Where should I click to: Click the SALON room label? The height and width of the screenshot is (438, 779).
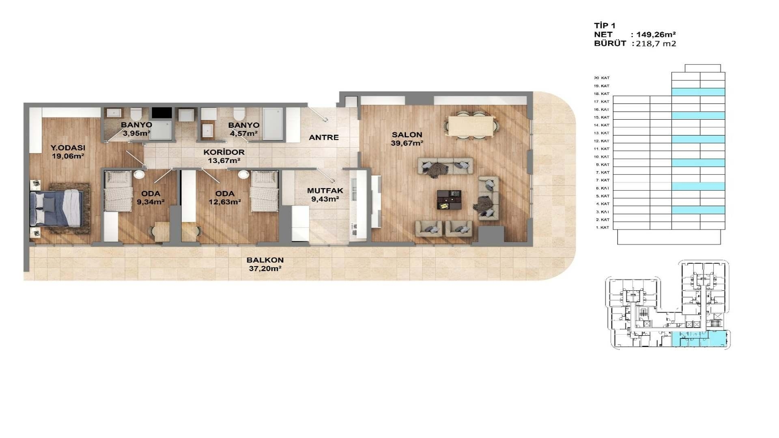click(x=407, y=135)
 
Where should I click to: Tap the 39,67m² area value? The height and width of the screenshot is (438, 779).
click(x=407, y=143)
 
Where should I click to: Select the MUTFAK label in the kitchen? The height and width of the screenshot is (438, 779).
click(x=325, y=191)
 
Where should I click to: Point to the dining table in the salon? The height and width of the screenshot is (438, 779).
click(x=471, y=126)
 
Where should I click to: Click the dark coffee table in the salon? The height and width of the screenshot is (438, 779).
click(x=449, y=200)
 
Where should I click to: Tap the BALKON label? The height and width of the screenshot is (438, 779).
click(x=265, y=260)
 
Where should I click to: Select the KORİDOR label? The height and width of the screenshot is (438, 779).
click(x=224, y=152)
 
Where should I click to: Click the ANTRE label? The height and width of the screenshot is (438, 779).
click(x=324, y=137)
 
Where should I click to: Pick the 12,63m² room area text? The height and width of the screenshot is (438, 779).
click(x=225, y=202)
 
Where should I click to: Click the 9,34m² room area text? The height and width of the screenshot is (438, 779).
click(x=151, y=202)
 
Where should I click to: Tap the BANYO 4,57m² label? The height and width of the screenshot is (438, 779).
click(x=243, y=129)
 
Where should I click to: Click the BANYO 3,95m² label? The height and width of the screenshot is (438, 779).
click(x=136, y=129)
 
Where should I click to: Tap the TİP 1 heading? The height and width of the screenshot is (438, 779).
click(x=605, y=26)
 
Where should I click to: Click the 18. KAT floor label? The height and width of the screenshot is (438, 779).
click(x=602, y=94)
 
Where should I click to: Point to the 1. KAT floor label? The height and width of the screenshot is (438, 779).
click(x=603, y=228)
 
